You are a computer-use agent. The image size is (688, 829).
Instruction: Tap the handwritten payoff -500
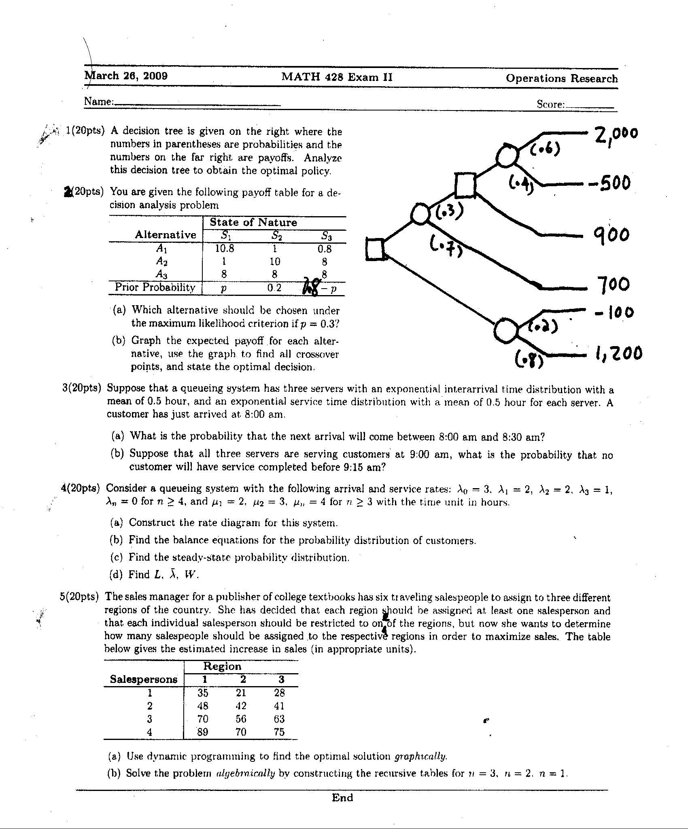point(609,183)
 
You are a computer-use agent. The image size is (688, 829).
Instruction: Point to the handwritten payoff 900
point(611,235)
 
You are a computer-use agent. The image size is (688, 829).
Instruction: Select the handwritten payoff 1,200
point(618,353)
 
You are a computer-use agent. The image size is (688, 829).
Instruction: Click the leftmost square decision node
point(375,249)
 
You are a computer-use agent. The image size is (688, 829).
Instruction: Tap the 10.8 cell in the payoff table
point(224,249)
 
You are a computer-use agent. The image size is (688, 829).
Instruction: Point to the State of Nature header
point(253,223)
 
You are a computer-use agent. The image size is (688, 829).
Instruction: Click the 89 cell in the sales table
point(203,732)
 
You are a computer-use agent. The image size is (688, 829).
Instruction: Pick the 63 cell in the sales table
point(279,719)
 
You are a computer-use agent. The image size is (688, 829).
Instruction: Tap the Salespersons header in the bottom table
point(144,680)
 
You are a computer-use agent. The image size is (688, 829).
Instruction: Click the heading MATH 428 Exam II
point(337,77)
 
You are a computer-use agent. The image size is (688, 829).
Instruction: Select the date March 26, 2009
point(126,76)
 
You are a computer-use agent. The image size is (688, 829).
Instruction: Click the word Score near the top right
point(550,104)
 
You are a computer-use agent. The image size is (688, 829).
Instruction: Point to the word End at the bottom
point(342,798)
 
